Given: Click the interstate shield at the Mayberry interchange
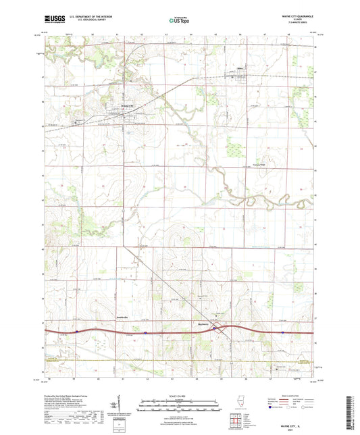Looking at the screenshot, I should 215,328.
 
